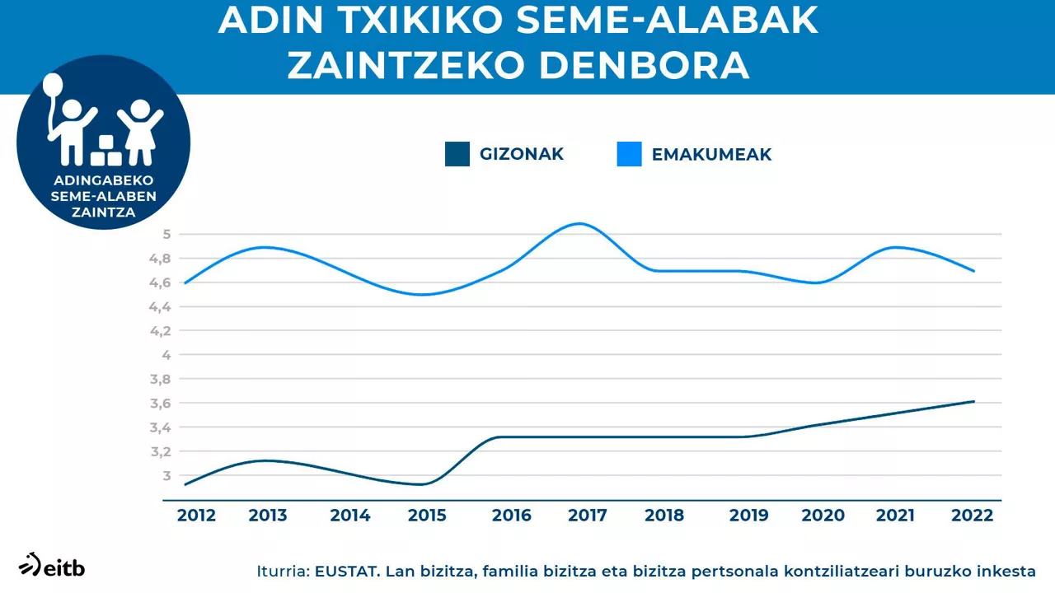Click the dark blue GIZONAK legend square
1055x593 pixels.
[457, 154]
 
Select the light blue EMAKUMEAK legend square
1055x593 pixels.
[629, 154]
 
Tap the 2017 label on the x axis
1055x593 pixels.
[588, 516]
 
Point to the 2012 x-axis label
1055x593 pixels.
[196, 516]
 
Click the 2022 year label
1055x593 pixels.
[973, 516]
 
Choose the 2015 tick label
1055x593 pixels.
[427, 516]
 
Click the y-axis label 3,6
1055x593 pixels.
[160, 404]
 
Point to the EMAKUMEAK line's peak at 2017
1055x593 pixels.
[580, 224]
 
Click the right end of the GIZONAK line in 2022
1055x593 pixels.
[973, 401]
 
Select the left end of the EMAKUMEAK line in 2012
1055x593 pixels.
[185, 282]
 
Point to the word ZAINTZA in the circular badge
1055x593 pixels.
[104, 212]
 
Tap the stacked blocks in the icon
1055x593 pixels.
[106, 150]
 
